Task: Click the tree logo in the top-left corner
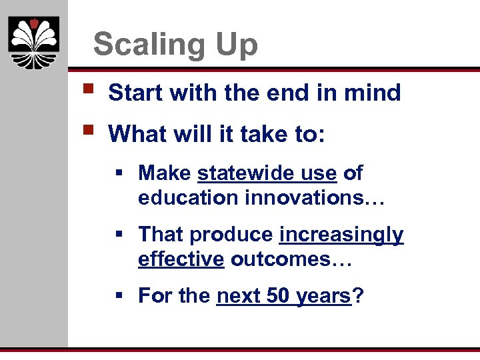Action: pyautogui.click(x=33, y=43)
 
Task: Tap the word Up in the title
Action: pyautogui.click(x=235, y=45)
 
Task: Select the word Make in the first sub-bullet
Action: pyautogui.click(x=165, y=173)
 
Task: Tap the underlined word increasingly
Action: pyautogui.click(x=341, y=235)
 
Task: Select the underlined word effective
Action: pyautogui.click(x=181, y=259)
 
